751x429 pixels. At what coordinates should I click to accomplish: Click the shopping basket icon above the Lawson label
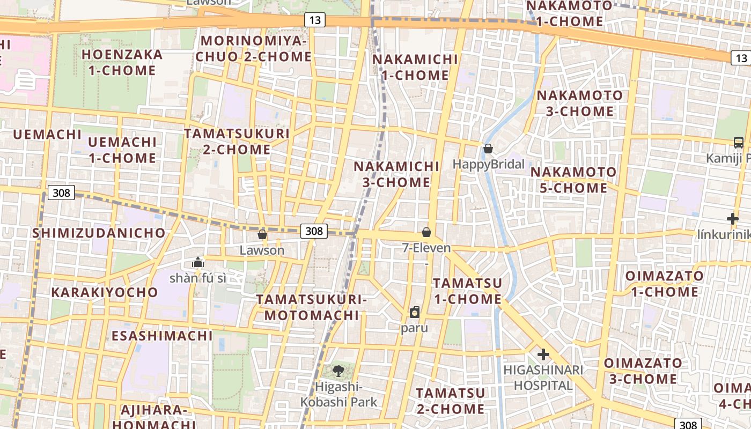262,234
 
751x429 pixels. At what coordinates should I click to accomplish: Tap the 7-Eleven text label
426,248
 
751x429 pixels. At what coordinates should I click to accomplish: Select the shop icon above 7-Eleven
426,232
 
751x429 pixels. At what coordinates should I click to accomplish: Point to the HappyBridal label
489,164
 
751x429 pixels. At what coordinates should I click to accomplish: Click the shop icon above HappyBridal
488,149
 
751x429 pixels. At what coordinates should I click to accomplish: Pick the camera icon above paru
415,312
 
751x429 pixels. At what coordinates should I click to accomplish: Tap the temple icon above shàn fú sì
198,262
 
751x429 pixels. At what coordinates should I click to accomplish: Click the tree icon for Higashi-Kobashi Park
338,371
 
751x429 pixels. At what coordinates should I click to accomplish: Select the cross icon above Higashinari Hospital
543,354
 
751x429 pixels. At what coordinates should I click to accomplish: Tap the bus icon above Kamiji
739,143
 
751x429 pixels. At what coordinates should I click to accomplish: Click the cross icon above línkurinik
733,219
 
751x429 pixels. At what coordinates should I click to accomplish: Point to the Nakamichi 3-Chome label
396,174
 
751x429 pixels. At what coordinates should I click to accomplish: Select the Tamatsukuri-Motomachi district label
312,307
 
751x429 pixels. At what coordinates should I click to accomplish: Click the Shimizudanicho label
99,233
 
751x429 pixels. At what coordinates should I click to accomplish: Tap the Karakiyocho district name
105,292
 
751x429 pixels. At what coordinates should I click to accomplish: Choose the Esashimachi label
163,336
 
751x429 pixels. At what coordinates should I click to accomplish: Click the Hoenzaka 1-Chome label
122,62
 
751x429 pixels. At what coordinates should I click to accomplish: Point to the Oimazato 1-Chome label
665,284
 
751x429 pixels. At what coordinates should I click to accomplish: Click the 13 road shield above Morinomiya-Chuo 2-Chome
315,20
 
